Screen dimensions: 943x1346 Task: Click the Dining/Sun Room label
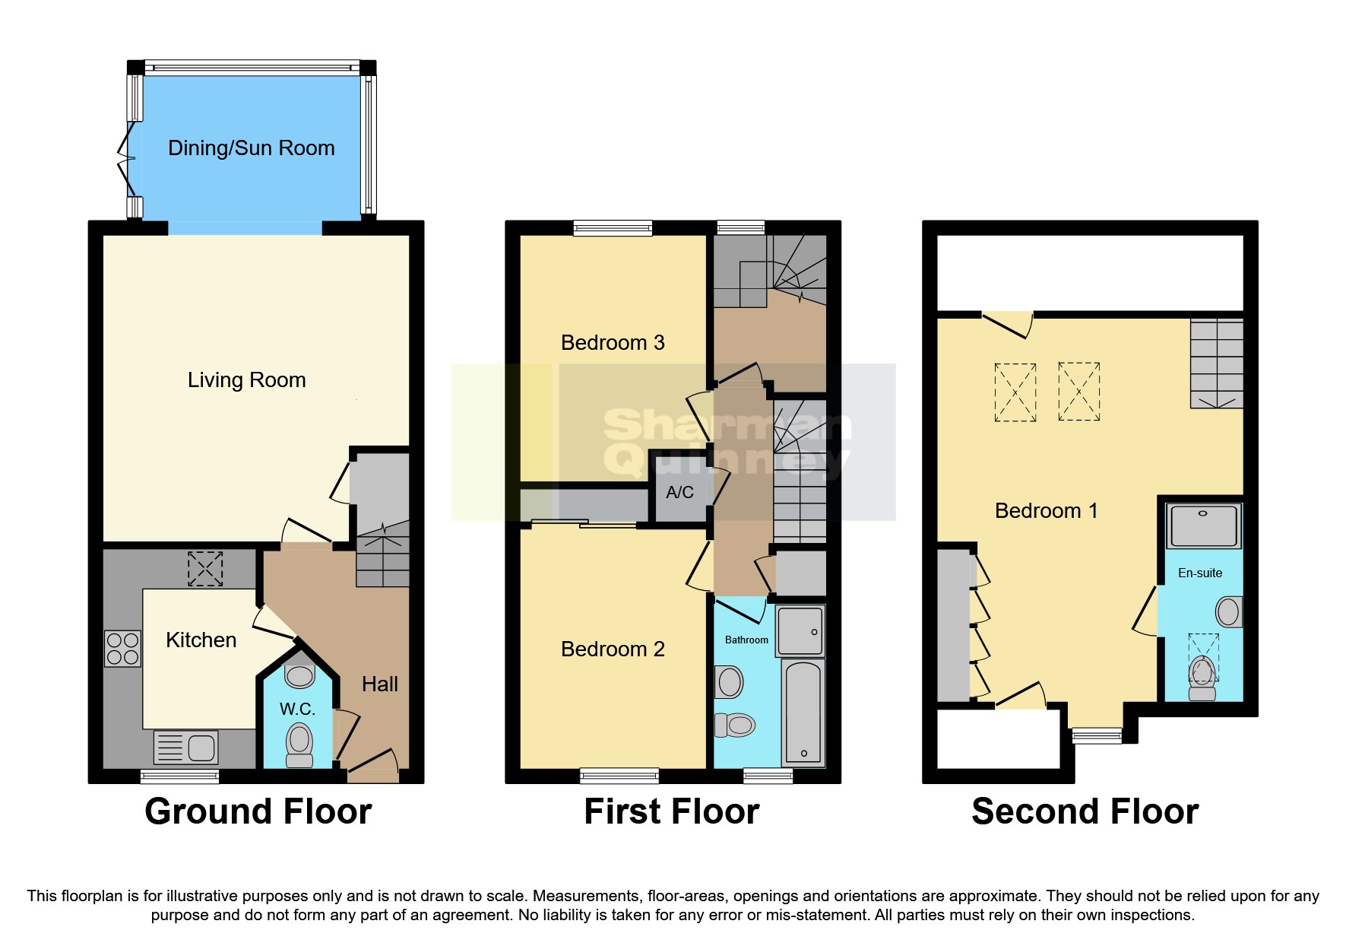point(251,148)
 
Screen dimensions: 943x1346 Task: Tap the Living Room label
point(246,380)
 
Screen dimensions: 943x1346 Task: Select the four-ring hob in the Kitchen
point(123,649)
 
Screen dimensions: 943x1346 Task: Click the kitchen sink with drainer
point(186,748)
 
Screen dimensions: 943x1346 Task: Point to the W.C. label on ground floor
point(297,710)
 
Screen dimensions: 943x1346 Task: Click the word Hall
point(379,684)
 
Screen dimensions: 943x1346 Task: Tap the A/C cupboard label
point(679,493)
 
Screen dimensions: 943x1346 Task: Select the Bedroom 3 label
point(613,343)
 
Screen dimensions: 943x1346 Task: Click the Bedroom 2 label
point(613,649)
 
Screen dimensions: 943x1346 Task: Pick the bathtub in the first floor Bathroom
point(803,713)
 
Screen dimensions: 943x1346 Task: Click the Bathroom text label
point(746,640)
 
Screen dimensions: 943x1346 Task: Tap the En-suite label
point(1200,573)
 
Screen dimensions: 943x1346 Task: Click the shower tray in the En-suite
point(1203,525)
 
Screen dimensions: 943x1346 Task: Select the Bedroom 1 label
point(1047,511)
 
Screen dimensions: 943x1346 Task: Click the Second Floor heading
point(1085,811)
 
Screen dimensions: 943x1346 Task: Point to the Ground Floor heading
point(258,811)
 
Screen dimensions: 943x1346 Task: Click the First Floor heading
point(671,811)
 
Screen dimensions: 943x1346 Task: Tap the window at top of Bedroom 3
point(613,227)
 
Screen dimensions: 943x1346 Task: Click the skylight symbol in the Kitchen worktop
point(204,569)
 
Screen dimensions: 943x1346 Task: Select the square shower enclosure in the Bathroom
point(800,630)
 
